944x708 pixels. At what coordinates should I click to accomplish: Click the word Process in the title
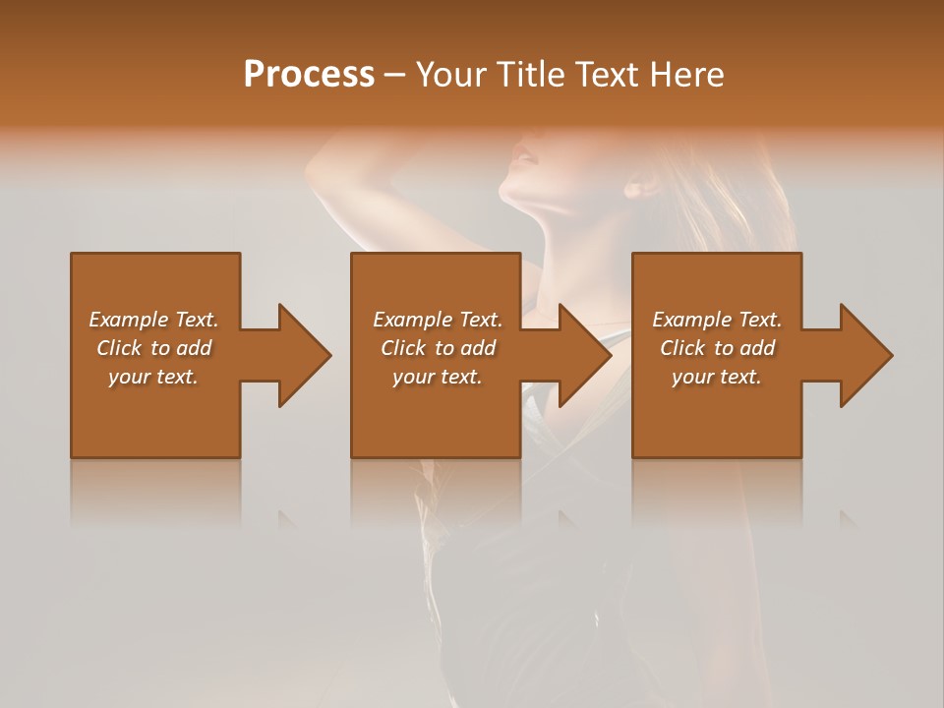point(309,75)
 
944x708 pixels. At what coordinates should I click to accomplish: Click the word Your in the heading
point(449,75)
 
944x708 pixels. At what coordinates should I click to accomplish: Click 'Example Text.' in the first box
point(153,320)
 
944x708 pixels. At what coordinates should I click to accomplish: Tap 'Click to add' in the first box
point(153,348)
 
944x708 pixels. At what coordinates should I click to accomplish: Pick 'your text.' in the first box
point(153,377)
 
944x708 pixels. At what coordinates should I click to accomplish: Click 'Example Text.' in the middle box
point(438,320)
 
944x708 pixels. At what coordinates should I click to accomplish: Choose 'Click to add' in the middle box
point(438,348)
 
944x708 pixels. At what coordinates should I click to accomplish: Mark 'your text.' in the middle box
point(438,377)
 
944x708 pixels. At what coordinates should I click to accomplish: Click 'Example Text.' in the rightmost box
point(717,320)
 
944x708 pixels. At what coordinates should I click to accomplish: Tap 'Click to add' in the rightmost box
point(717,348)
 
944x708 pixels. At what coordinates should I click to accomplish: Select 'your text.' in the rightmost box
point(717,377)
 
